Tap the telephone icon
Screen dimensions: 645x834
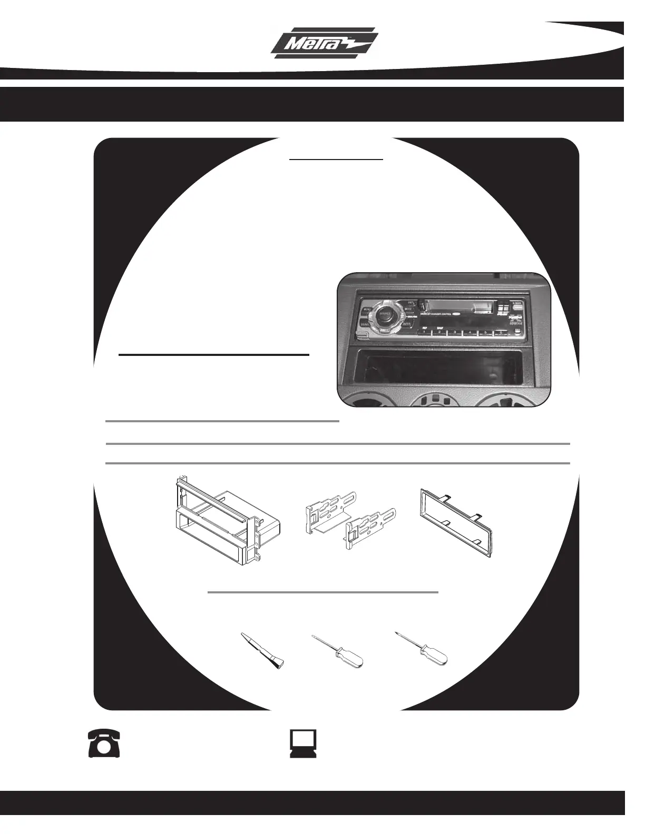pyautogui.click(x=104, y=743)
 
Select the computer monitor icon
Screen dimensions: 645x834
pyautogui.click(x=303, y=743)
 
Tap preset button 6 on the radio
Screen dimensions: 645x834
pyautogui.click(x=495, y=333)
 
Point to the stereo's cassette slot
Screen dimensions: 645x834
pyautogui.click(x=458, y=305)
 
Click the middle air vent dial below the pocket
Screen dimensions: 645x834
pyautogui.click(x=443, y=403)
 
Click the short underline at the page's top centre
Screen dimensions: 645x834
pyautogui.click(x=336, y=158)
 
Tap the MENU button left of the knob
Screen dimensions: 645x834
pyautogui.click(x=366, y=310)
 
